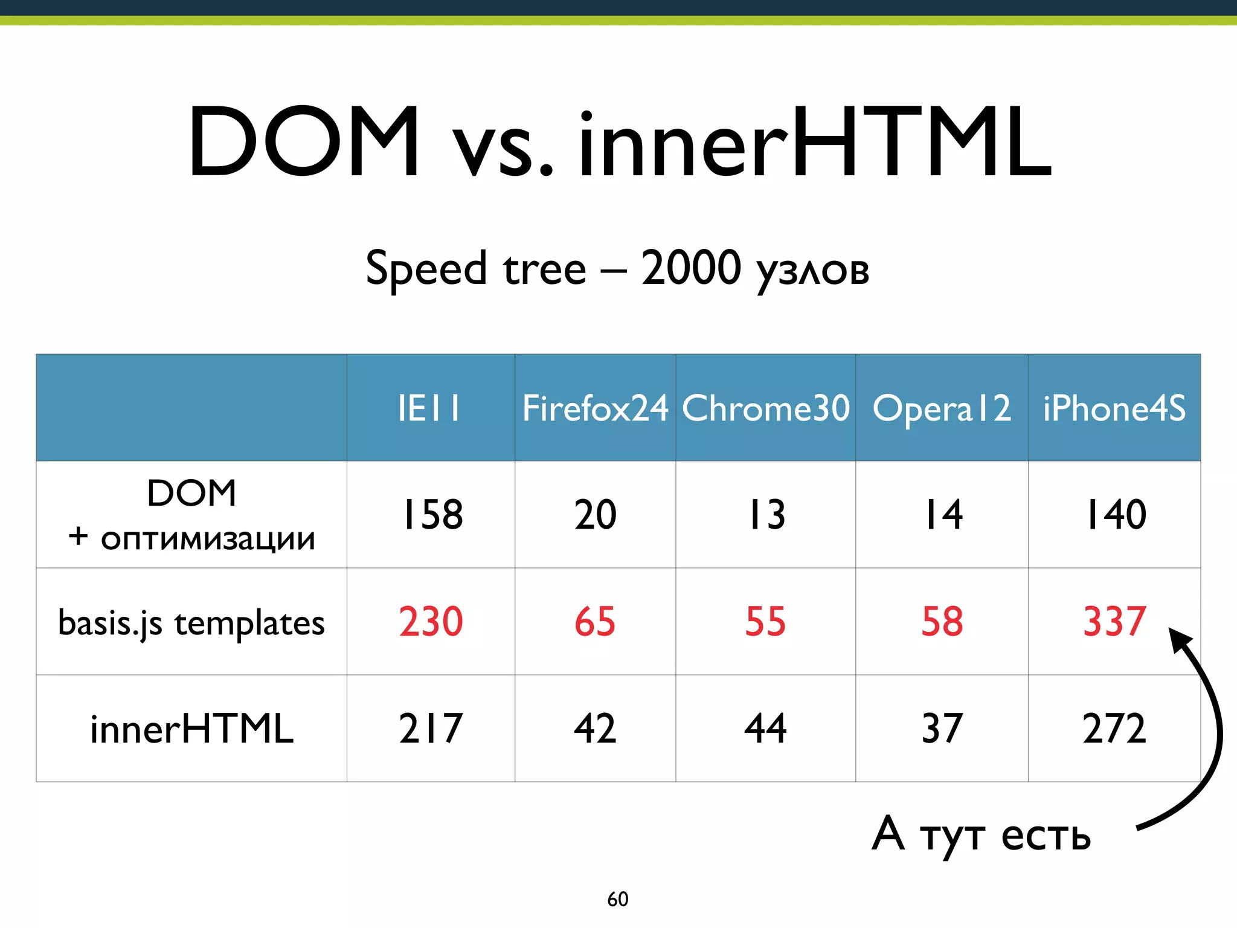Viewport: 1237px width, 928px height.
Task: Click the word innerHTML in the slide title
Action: point(815,142)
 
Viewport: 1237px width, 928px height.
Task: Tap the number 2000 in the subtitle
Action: point(690,268)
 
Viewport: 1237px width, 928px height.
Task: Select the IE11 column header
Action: point(429,408)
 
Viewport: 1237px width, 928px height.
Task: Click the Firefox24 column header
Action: point(595,408)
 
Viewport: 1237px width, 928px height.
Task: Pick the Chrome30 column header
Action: point(765,408)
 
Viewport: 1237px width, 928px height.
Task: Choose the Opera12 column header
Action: point(942,408)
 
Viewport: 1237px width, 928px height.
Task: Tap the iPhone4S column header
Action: point(1114,408)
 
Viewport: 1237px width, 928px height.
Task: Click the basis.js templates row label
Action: point(191,623)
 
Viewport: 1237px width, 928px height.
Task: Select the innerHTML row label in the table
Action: point(191,729)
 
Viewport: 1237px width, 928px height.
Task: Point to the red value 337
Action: point(1114,622)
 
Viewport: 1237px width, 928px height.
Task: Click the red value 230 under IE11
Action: point(431,622)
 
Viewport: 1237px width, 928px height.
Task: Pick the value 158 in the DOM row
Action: point(432,515)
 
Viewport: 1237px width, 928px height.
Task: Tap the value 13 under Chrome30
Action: point(766,515)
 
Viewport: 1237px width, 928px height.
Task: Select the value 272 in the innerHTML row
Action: point(1114,729)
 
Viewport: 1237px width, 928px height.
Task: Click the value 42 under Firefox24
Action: point(595,729)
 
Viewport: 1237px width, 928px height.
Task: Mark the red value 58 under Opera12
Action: point(942,622)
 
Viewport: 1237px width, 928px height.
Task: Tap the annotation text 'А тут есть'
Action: point(981,835)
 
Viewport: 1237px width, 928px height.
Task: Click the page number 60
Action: point(617,899)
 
